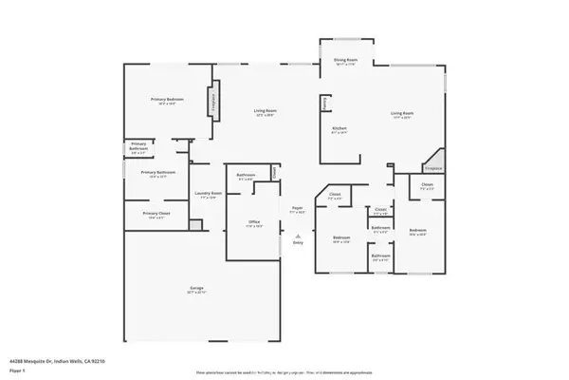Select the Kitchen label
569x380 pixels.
(339, 128)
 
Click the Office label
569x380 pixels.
(254, 223)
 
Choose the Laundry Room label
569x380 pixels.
(209, 194)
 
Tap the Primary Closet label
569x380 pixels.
(156, 215)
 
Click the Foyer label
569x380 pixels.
(297, 207)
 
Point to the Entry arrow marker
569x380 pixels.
(298, 235)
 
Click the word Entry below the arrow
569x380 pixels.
(298, 243)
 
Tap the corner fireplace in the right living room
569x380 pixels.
(433, 162)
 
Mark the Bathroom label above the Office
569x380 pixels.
(245, 175)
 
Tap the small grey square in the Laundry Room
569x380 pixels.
(195, 225)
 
